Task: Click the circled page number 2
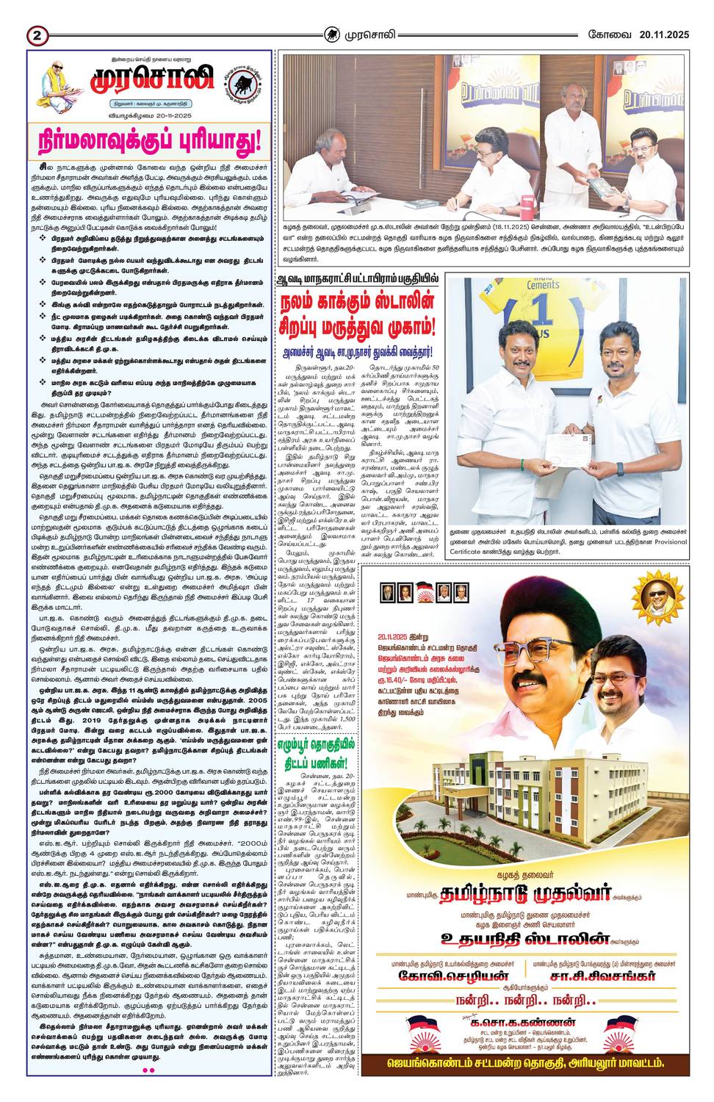pyautogui.click(x=37, y=35)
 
